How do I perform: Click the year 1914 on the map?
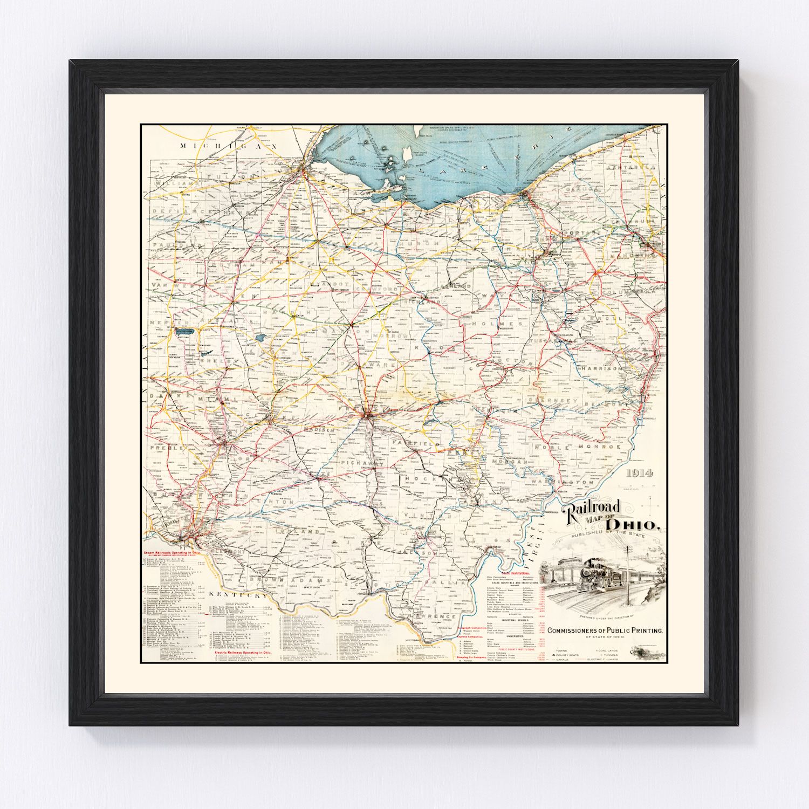click(x=640, y=474)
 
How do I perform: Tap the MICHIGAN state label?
click(x=229, y=146)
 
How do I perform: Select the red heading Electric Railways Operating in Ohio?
click(x=243, y=653)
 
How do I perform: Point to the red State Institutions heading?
click(x=515, y=572)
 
